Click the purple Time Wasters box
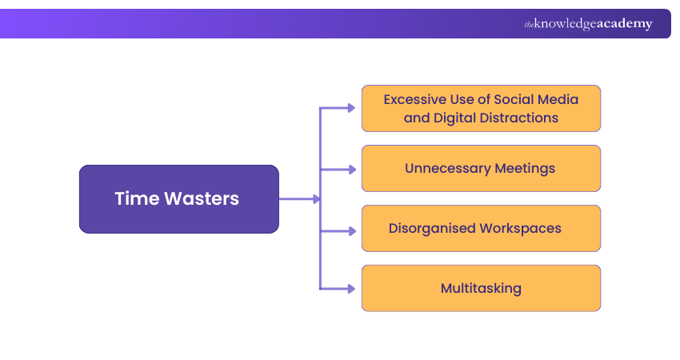178,199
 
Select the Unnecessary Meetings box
481,169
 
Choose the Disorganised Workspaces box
481,229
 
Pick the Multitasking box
481,288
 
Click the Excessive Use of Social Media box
481,108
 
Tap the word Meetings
525,169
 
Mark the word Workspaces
520,229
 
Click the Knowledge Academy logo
588,24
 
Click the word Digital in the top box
454,118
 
